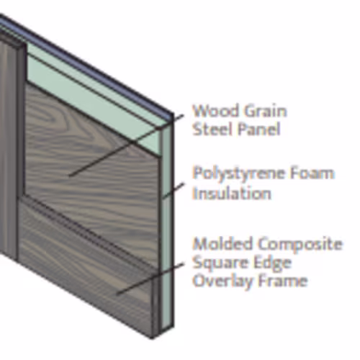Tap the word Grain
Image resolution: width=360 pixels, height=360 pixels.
[265, 111]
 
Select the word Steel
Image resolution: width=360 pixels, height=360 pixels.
[211, 129]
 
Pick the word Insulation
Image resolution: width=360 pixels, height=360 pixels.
[232, 194]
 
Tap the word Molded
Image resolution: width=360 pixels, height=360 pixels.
[223, 243]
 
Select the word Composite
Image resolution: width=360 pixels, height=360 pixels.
[300, 245]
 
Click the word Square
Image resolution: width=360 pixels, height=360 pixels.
[220, 263]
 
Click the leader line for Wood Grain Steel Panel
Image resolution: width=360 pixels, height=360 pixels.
[127, 145]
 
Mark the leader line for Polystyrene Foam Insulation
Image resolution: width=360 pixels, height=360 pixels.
[173, 191]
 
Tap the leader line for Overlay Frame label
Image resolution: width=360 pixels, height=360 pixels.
[150, 279]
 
